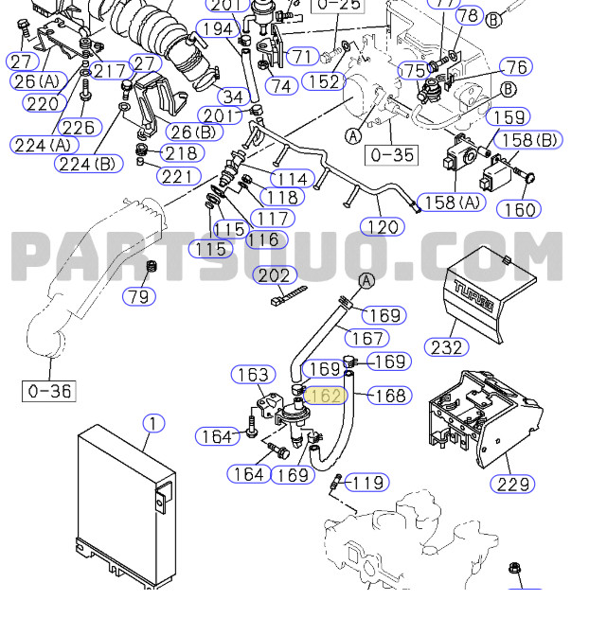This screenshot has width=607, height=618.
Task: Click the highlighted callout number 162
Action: click(x=324, y=395)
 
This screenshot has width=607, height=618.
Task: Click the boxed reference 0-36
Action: click(x=49, y=390)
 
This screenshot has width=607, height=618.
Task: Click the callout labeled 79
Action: click(x=140, y=296)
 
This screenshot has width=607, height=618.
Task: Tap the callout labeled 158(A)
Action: click(x=450, y=203)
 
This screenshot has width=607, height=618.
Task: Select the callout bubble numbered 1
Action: click(x=152, y=423)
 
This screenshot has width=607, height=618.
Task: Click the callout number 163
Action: click(x=253, y=375)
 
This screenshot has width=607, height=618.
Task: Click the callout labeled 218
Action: click(x=181, y=153)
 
